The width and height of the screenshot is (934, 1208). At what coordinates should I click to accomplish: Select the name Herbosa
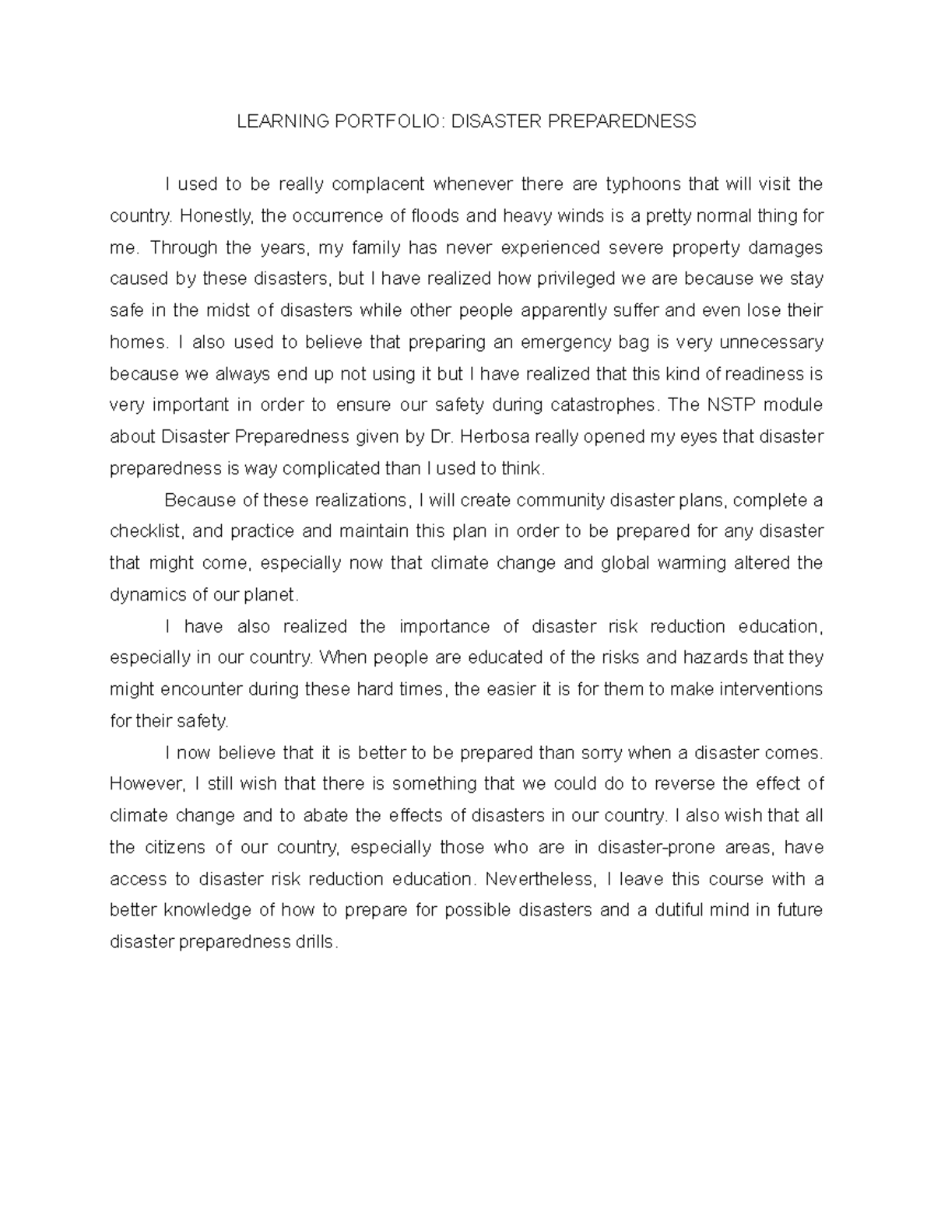pos(493,437)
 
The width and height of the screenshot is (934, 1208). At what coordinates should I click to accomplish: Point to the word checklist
pos(146,532)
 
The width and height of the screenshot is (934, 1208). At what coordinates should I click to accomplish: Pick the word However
pos(143,784)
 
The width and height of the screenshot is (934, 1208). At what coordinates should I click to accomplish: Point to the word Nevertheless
pos(539,879)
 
